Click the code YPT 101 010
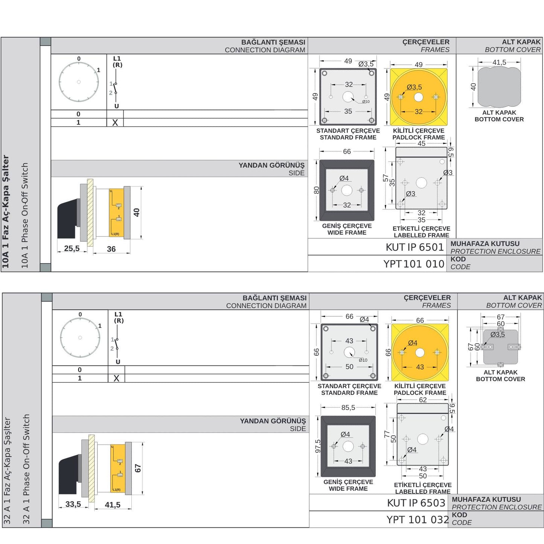(x=414, y=264)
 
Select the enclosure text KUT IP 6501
(x=414, y=247)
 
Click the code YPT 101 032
(x=418, y=520)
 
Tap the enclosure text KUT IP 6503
(x=416, y=503)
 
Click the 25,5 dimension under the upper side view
(x=72, y=248)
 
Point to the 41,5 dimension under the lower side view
(x=113, y=505)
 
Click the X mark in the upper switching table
(x=115, y=123)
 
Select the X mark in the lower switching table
(x=116, y=378)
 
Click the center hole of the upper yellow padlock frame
(x=418, y=97)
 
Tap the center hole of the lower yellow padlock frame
(x=420, y=353)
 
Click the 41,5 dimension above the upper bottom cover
(x=499, y=62)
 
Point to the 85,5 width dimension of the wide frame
(x=348, y=407)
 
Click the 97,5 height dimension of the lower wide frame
(x=318, y=446)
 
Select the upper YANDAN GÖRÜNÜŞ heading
(x=271, y=165)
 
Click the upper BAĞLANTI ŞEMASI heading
(x=273, y=42)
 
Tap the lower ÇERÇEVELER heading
(x=427, y=298)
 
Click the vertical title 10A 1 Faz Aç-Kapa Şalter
(x=6, y=212)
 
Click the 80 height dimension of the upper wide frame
(x=317, y=190)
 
